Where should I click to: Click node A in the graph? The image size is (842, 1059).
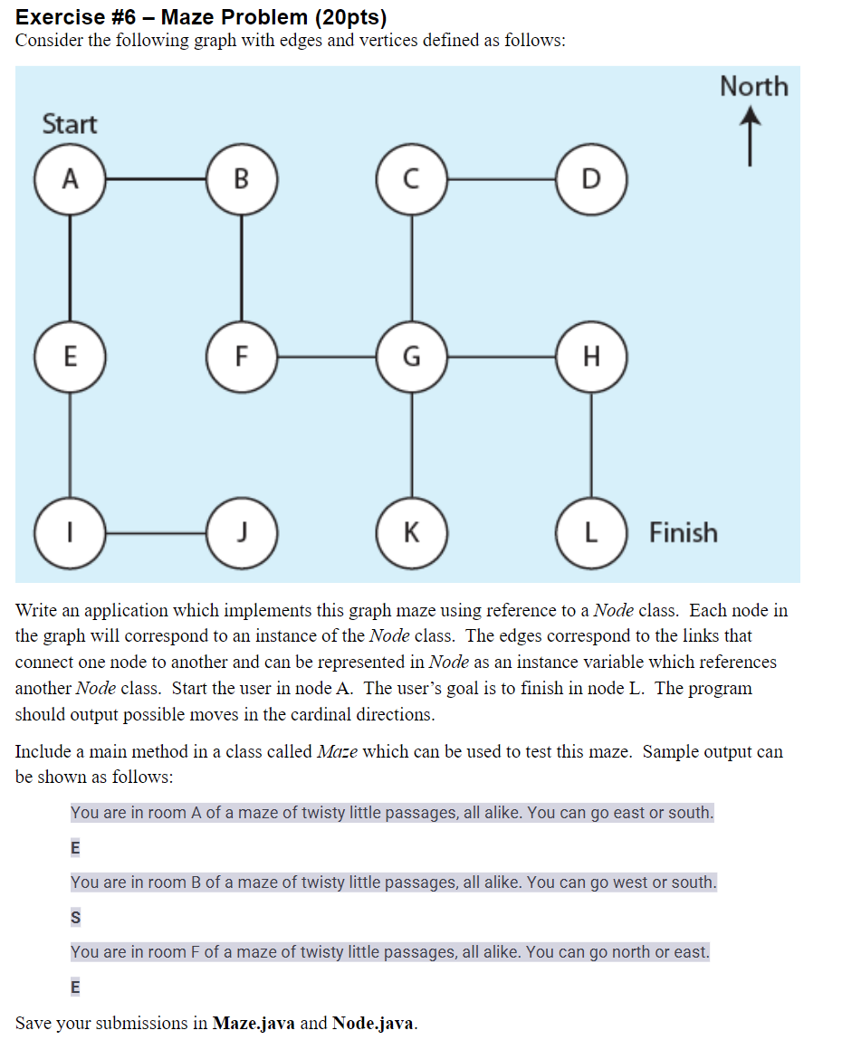coord(70,178)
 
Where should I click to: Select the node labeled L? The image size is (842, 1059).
coord(591,532)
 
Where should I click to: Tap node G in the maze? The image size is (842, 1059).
coord(412,356)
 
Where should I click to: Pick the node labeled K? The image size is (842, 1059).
coord(412,532)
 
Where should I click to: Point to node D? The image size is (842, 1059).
coord(591,178)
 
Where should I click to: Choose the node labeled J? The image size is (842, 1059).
coord(242,532)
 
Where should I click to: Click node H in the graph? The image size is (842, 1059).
coord(591,356)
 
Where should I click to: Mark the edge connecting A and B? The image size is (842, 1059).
coord(156,178)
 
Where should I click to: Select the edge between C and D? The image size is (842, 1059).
coord(502,178)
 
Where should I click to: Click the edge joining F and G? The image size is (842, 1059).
coord(327,356)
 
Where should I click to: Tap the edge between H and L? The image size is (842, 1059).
coord(591,444)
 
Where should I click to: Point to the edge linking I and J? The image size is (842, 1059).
coord(156,532)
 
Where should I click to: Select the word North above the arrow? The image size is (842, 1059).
coord(753,87)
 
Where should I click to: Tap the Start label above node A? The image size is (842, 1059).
coord(70,124)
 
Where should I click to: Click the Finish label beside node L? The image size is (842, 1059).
coord(683,532)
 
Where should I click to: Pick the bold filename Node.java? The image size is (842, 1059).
coord(374,1023)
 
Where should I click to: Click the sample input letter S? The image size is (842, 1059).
coord(75,918)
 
